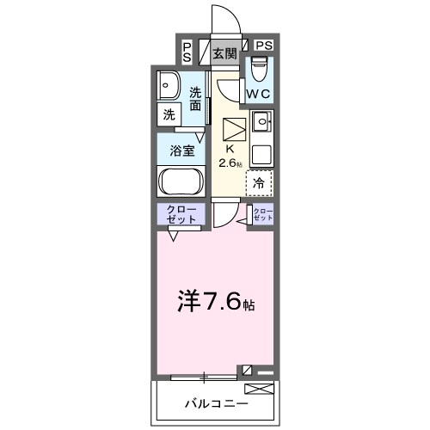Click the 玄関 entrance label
tap(225, 53)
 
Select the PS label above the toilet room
tap(263, 46)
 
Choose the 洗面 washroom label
tap(196, 100)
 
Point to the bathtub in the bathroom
tap(180, 181)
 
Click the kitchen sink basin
tap(261, 120)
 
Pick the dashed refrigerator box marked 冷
tap(259, 182)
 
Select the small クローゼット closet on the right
tap(262, 215)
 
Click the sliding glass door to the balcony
tap(203, 377)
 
